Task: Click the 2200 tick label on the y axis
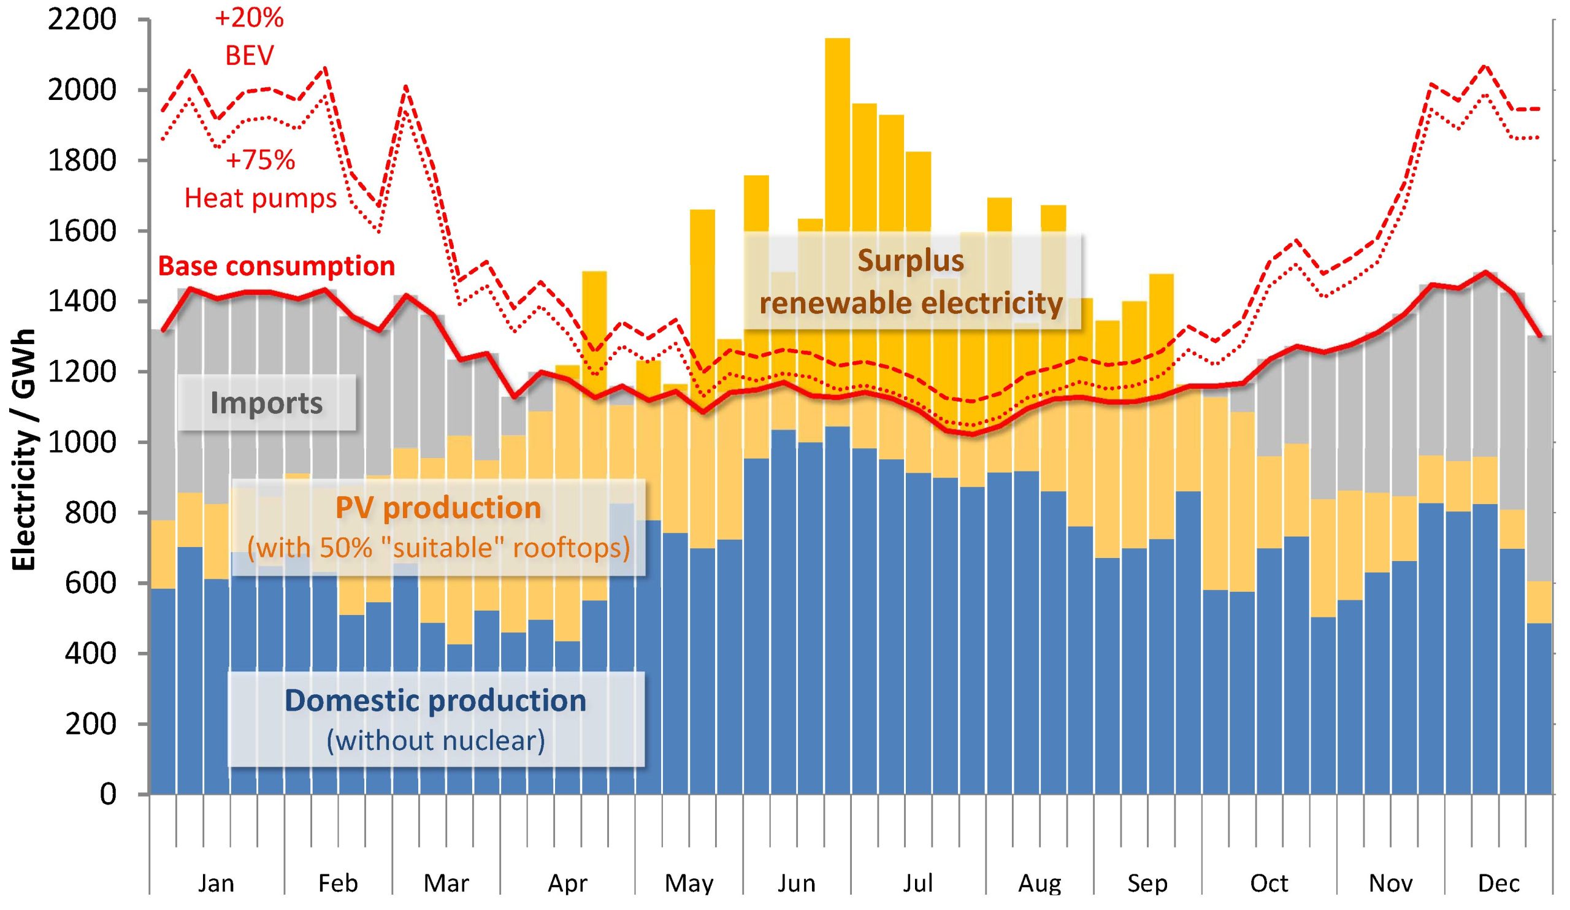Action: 82,20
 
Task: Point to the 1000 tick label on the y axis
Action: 82,442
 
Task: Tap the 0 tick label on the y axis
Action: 107,794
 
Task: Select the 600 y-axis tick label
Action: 90,583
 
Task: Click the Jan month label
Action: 215,882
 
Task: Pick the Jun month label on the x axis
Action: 796,882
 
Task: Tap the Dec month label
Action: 1498,882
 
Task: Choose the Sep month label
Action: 1147,882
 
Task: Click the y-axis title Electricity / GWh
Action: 25,449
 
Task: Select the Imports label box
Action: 267,402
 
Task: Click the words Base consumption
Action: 276,266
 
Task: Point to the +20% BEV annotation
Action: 249,37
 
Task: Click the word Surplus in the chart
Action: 910,261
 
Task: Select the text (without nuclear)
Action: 435,741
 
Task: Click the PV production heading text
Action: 438,508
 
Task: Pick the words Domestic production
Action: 435,700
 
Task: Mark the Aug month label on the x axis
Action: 1039,882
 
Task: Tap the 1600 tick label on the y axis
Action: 82,231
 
